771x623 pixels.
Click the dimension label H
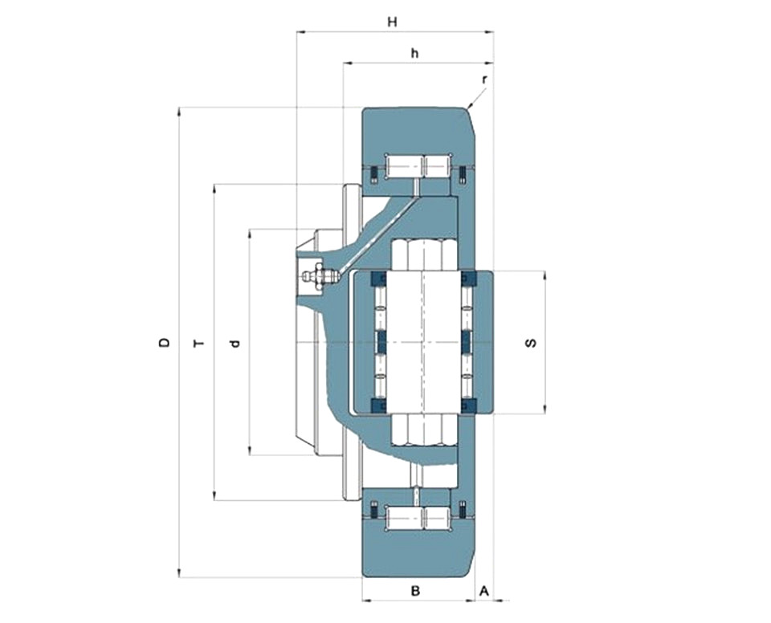[x=392, y=22]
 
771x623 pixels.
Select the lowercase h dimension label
[x=415, y=53]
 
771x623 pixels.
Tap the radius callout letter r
[x=484, y=79]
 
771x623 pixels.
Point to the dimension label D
[x=165, y=342]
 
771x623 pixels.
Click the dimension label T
[x=198, y=343]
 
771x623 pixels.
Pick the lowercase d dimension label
[x=235, y=343]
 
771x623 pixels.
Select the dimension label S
[x=531, y=342]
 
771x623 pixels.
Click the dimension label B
[x=415, y=590]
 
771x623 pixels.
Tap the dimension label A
[x=483, y=590]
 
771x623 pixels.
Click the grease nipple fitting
[x=320, y=276]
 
